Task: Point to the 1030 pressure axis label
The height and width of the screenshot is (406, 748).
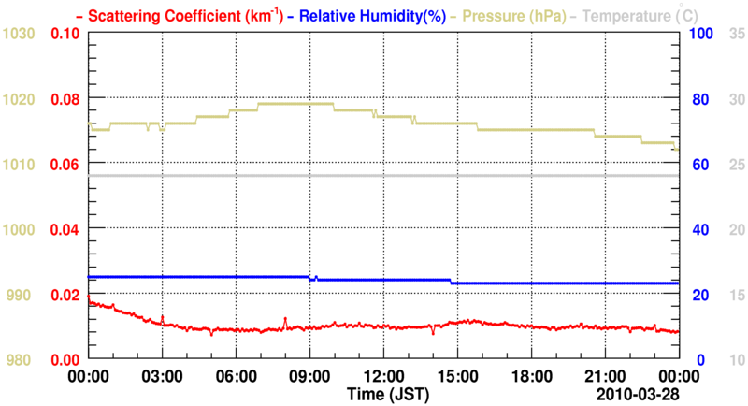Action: (x=19, y=34)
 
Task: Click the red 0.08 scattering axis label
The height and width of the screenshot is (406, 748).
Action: (x=65, y=99)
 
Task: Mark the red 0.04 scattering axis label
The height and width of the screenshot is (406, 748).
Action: (x=65, y=229)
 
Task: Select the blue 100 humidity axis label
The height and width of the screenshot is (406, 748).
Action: (x=701, y=34)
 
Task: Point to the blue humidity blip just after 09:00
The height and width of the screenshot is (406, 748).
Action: (x=316, y=277)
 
